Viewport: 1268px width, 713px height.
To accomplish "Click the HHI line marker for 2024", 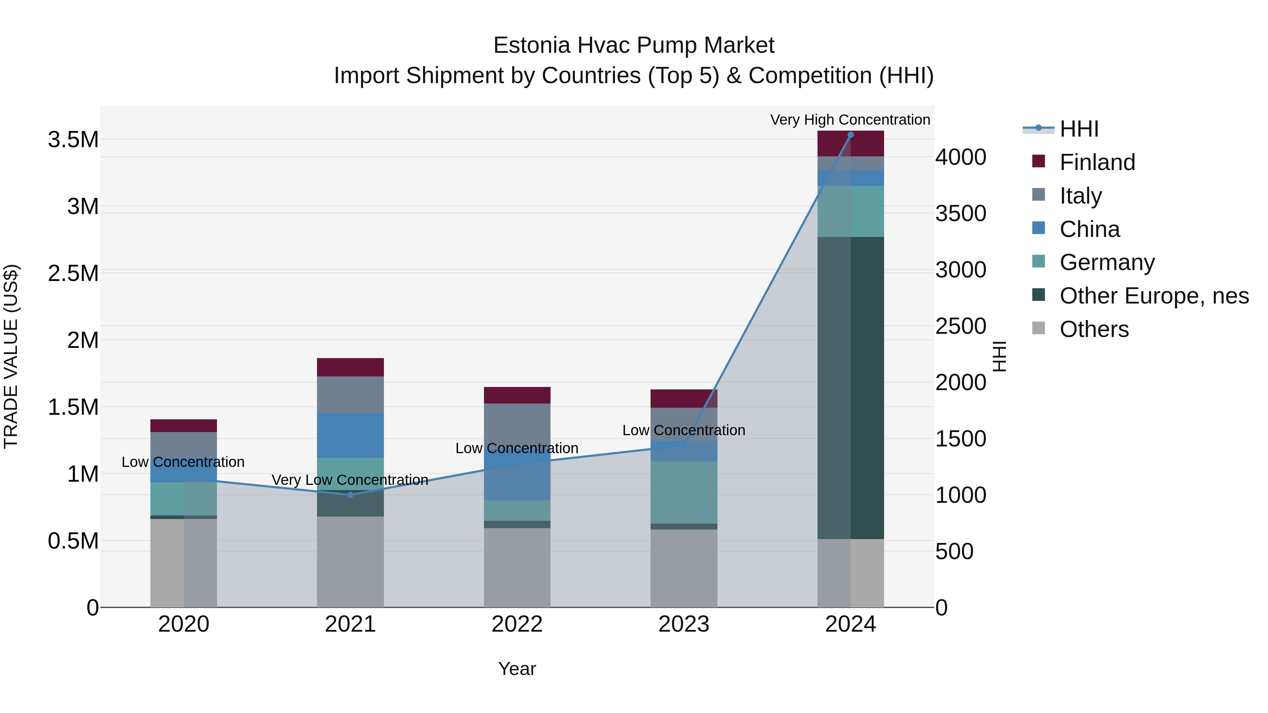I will pyautogui.click(x=850, y=135).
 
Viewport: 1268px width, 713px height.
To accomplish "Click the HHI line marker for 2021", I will pyautogui.click(x=350, y=495).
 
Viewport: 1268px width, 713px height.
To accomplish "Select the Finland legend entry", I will pyautogui.click(x=1097, y=162).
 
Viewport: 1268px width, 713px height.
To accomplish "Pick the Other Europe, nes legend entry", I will pyautogui.click(x=1154, y=296).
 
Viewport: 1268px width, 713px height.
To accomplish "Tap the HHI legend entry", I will pyautogui.click(x=1079, y=129).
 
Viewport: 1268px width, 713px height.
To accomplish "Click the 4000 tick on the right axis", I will pyautogui.click(x=961, y=157).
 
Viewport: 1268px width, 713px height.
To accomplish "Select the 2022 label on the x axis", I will pyautogui.click(x=517, y=624).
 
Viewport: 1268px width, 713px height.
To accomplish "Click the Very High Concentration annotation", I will pyautogui.click(x=850, y=120).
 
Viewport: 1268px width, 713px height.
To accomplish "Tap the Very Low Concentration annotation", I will pyautogui.click(x=350, y=480).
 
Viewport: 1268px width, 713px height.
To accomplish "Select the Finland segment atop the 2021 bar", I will pyautogui.click(x=350, y=367).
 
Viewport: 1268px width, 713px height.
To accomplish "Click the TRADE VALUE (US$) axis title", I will pyautogui.click(x=11, y=356).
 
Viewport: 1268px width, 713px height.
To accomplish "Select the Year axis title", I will pyautogui.click(x=517, y=669).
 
